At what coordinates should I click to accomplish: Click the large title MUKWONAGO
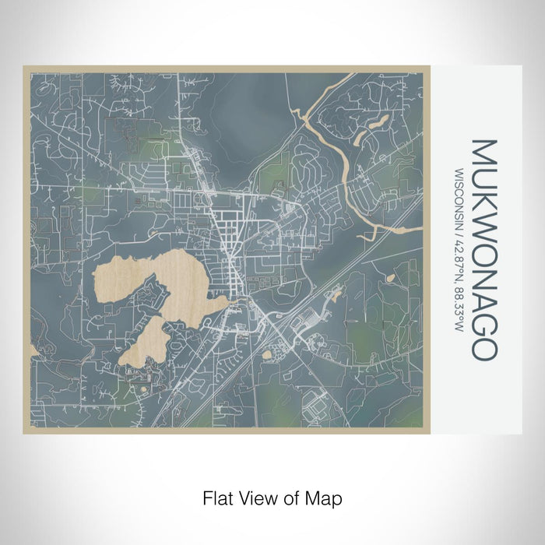483,249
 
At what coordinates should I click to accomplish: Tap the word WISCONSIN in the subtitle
460,195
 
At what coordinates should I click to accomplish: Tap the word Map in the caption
326,497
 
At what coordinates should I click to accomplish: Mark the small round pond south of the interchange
269,355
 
